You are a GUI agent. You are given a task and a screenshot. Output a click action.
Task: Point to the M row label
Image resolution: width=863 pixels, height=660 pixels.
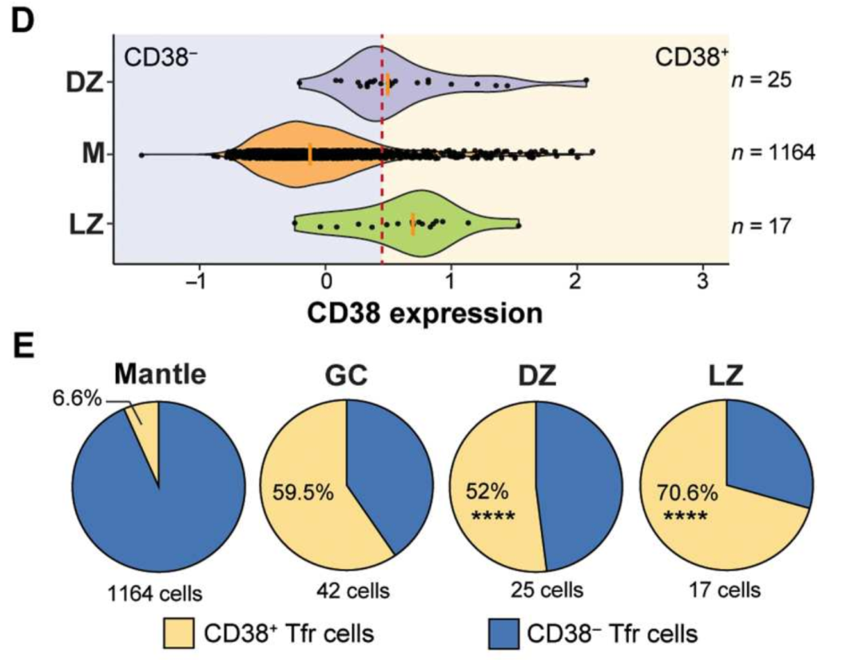click(93, 153)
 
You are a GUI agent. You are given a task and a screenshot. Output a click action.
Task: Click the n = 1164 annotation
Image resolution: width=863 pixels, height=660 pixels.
click(774, 153)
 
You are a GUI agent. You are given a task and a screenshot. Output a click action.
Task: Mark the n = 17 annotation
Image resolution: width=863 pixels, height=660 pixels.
click(761, 226)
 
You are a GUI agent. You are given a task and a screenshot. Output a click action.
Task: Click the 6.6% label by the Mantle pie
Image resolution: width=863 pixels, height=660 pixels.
click(78, 396)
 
